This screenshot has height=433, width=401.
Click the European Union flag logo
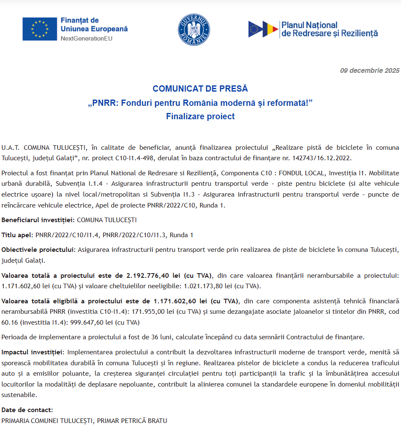[x=40, y=29]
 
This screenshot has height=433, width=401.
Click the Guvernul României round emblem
[x=194, y=30]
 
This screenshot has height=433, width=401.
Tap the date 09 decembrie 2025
[x=370, y=71]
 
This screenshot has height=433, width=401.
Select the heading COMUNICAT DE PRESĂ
[x=200, y=89]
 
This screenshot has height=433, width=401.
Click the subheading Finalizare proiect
[x=200, y=116]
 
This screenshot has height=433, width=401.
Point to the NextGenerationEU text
[x=86, y=38]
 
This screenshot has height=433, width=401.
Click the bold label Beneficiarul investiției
[x=38, y=220]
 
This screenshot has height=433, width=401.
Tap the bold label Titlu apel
[x=17, y=235]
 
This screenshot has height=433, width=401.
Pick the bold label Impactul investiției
[x=33, y=352]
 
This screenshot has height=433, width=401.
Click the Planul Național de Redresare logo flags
[x=263, y=29]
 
